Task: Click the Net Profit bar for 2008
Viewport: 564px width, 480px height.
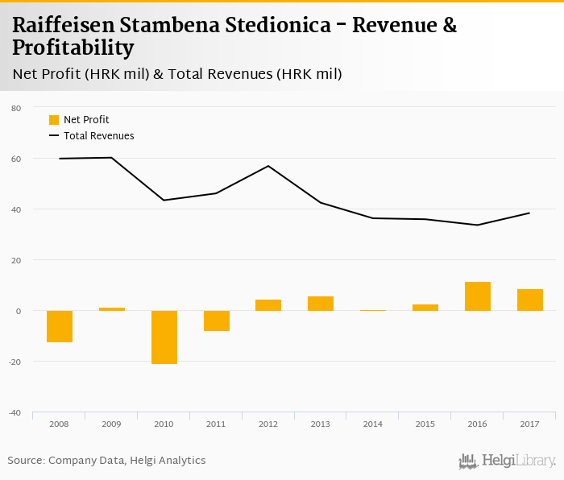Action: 60,326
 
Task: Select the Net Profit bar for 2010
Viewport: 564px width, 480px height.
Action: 164,337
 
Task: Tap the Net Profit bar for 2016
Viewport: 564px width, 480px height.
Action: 478,296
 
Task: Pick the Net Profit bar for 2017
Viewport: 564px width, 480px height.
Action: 530,300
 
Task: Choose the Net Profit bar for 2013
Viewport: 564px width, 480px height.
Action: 321,304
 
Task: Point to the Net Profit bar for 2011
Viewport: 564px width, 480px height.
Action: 217,321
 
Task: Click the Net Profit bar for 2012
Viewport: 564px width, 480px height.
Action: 268,305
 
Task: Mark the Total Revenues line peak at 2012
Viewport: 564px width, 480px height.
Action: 268,166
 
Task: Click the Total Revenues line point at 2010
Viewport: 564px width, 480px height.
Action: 164,200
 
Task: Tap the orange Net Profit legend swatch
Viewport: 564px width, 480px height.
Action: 54,120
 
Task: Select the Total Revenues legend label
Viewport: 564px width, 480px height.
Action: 99,136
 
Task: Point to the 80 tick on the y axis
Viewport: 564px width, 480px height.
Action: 16,108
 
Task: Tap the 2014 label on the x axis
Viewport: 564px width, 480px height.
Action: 373,424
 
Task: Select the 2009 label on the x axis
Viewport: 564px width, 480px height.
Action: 111,424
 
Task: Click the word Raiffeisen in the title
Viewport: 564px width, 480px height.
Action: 62,26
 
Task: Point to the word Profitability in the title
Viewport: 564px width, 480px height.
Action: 73,48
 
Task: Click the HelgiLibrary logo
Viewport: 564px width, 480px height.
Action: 507,461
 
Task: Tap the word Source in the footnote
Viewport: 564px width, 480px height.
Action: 25,461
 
